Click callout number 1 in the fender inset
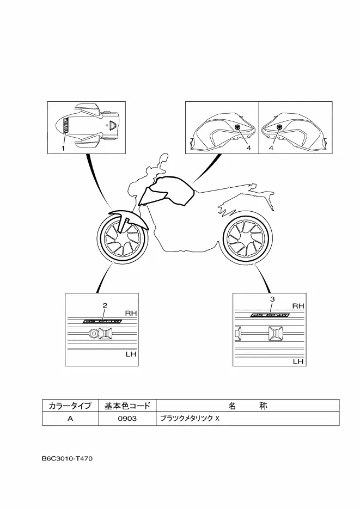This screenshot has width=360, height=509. click(x=63, y=147)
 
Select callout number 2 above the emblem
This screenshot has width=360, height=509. click(x=105, y=305)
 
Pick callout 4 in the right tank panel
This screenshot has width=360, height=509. click(x=271, y=147)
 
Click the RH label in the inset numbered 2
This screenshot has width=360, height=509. click(x=131, y=313)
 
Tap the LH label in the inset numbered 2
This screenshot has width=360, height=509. click(x=131, y=354)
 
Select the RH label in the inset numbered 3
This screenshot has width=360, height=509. click(x=298, y=306)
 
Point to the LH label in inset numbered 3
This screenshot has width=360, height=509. click(x=298, y=361)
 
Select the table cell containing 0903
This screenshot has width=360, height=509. click(x=127, y=419)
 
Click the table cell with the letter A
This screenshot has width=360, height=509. click(x=70, y=419)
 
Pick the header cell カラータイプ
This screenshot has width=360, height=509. click(x=70, y=406)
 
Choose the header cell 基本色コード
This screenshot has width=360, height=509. click(x=127, y=406)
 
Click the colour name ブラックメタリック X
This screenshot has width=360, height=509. click(x=187, y=419)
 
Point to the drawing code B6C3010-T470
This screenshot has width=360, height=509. click(x=67, y=458)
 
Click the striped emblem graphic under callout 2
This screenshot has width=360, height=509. click(x=102, y=321)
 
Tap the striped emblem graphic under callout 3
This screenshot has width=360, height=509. click(x=269, y=315)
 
